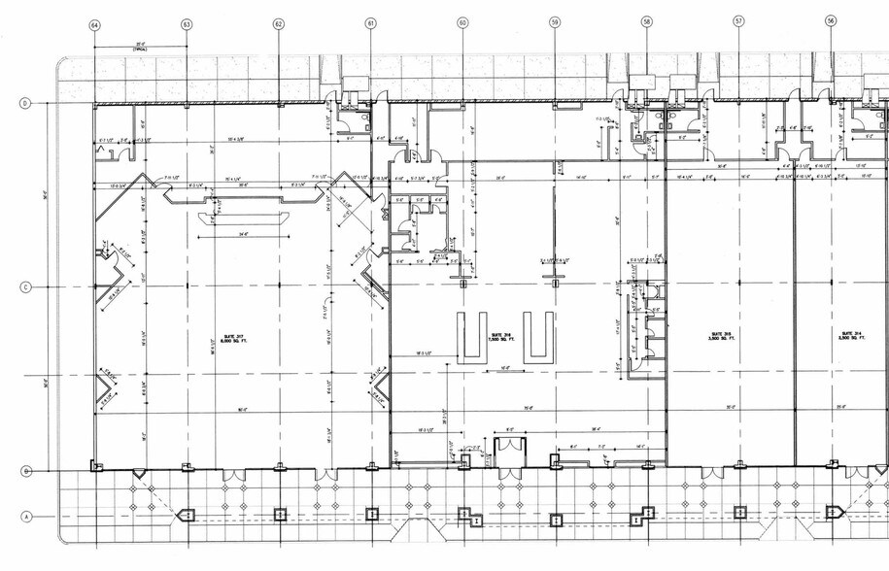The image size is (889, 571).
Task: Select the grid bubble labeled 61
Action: pos(370,22)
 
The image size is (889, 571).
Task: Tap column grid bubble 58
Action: pos(646,21)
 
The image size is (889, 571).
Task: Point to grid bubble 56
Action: pos(831,20)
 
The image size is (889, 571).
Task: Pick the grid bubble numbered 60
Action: pos(462,22)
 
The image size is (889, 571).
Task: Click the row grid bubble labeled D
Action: pos(27,102)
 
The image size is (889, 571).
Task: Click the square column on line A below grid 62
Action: pos(280,514)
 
